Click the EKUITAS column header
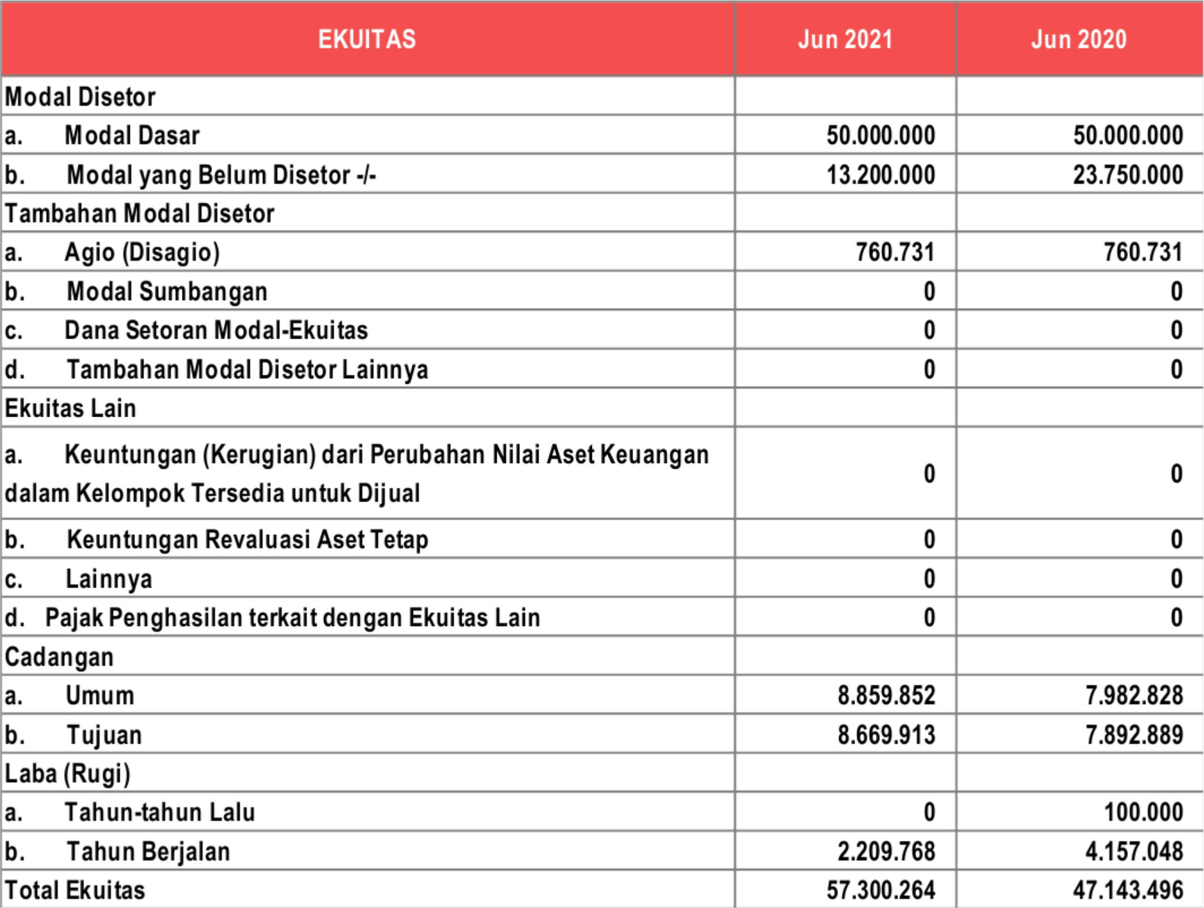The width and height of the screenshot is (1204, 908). point(367,39)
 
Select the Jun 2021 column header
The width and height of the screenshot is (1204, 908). point(845,39)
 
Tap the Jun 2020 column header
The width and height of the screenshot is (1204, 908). point(1079,39)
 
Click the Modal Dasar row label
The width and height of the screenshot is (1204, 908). point(132,135)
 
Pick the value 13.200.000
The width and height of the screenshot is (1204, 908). point(881,175)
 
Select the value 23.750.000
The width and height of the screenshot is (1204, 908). point(1128,175)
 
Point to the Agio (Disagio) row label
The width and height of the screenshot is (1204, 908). point(142,252)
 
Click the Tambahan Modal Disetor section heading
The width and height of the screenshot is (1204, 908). point(139,213)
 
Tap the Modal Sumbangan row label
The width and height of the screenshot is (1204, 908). point(166,292)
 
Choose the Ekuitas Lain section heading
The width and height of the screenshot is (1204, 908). point(70,408)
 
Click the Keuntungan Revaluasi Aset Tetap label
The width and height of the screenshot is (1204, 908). point(247,539)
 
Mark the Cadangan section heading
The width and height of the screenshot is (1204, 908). point(59,657)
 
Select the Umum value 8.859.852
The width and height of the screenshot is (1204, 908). point(886,695)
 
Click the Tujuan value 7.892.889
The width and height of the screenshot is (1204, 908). point(1134,735)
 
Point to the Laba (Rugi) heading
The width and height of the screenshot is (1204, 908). point(67,773)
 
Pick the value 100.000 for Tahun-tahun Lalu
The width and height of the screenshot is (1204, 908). point(1143,812)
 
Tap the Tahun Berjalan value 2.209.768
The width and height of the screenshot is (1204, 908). point(886,851)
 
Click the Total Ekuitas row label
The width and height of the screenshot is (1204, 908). point(75,890)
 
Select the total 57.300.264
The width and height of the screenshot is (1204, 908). point(881,890)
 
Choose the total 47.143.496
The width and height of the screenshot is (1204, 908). point(1128,890)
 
